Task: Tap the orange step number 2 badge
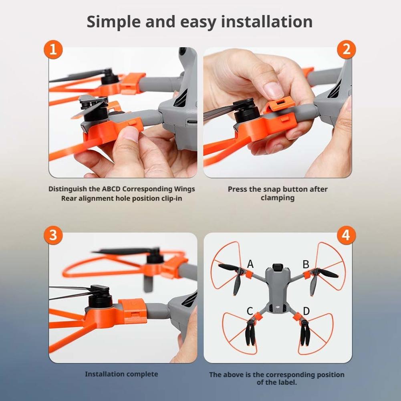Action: coord(346,50)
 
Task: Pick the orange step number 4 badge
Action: coord(346,235)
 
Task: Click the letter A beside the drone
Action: coord(250,264)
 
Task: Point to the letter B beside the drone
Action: coord(306,264)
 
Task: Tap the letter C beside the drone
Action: coord(250,311)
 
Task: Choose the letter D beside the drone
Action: coord(306,311)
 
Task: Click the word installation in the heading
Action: coord(267,22)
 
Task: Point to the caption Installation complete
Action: coord(121,374)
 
